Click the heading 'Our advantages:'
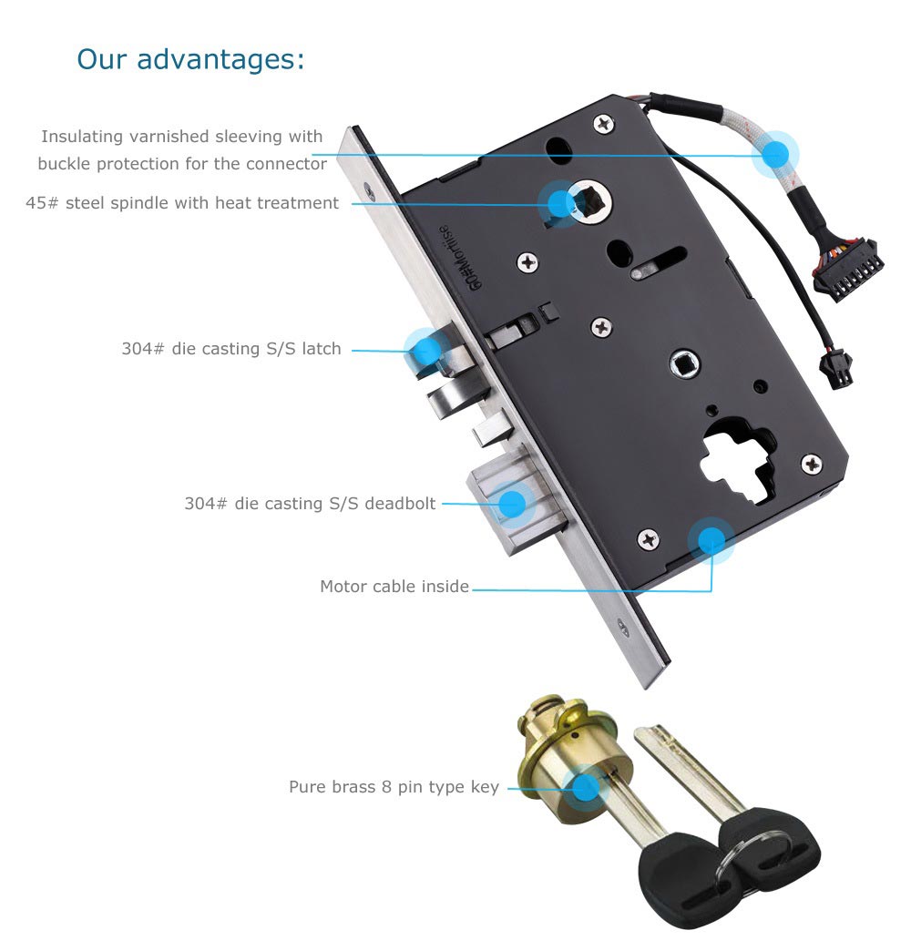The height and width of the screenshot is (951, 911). click(x=190, y=60)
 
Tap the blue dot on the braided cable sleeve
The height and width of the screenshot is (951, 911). click(x=775, y=155)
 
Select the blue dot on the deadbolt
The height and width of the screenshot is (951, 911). click(x=513, y=504)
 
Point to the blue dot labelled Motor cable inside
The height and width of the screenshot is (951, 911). click(x=711, y=540)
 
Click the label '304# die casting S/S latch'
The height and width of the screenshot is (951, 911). click(x=231, y=349)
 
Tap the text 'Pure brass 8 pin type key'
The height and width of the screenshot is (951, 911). click(x=394, y=787)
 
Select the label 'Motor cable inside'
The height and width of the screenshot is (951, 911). click(x=394, y=587)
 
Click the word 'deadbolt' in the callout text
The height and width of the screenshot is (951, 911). click(x=400, y=504)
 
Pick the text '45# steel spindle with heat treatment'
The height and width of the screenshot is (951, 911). click(x=182, y=203)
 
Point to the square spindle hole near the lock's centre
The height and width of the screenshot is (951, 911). click(x=685, y=365)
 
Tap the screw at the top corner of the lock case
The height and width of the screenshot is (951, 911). click(x=603, y=125)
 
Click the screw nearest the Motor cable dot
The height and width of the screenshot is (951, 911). click(x=649, y=538)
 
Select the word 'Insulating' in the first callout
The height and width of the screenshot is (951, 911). click(x=82, y=137)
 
